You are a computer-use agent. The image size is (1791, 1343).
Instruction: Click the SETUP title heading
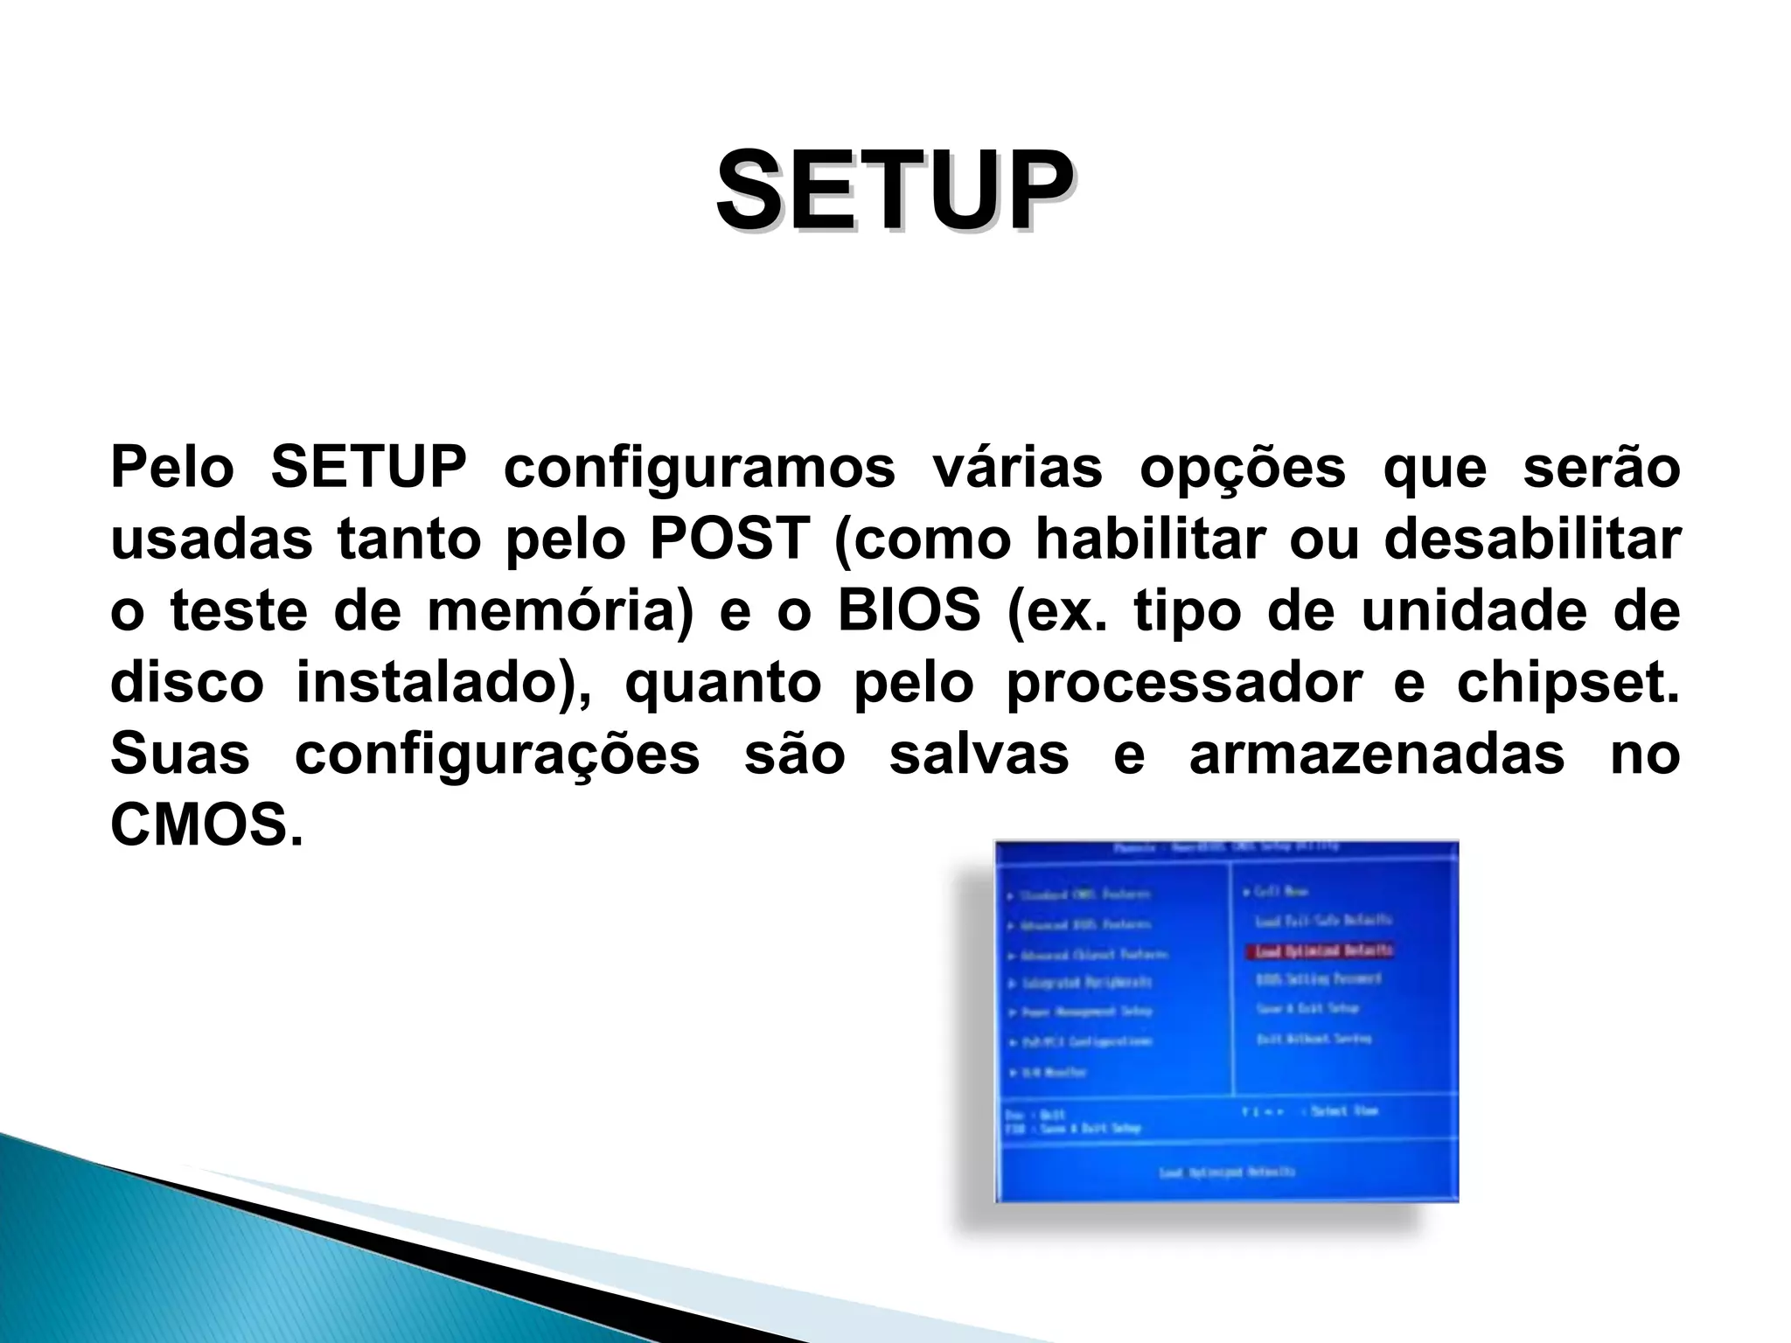tap(895, 191)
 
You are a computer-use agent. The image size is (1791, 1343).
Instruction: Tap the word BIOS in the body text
tap(909, 611)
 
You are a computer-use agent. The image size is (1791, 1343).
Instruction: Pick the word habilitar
tap(1150, 539)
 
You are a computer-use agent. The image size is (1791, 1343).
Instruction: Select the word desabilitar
tap(1531, 539)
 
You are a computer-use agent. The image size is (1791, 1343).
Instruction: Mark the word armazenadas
tap(1376, 755)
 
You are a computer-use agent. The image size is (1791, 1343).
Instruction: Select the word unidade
tap(1474, 611)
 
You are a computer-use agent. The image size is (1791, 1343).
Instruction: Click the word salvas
tap(979, 755)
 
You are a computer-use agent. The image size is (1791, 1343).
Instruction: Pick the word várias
tap(1017, 468)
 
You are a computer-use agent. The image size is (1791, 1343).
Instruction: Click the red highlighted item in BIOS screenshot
tap(1319, 950)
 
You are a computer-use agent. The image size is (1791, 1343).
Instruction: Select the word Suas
tap(179, 755)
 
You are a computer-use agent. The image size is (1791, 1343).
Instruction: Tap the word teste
tap(239, 611)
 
